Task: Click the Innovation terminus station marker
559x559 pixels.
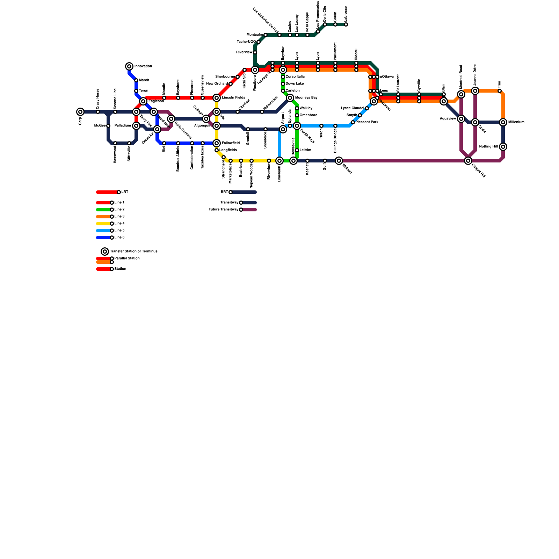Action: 129,66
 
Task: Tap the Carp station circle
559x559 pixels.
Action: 80,112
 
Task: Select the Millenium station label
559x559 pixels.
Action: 516,122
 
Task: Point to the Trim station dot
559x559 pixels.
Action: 500,91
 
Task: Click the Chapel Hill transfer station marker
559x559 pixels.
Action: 468,161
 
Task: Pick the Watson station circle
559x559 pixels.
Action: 339,161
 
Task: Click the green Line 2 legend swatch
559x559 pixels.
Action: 103,210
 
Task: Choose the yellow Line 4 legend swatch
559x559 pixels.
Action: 103,224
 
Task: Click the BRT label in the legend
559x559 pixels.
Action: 224,192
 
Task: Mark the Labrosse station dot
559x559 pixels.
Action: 346,24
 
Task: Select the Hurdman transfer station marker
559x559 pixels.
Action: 374,101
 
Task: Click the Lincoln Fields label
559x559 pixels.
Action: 233,98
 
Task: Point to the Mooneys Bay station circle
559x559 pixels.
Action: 290,98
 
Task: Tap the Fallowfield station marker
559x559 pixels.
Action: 217,143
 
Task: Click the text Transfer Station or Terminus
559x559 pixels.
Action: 133,252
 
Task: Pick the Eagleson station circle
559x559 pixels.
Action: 143,101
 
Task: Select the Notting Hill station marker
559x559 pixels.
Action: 503,147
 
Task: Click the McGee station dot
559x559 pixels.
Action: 108,126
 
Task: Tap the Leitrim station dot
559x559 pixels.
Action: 297,150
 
